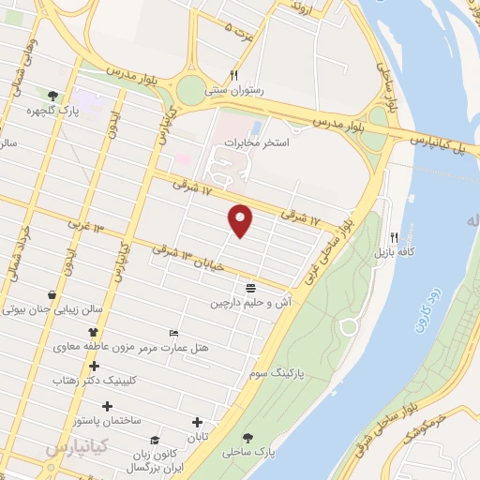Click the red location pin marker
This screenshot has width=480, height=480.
tap(241, 220)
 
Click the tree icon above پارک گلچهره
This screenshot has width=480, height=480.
tap(53, 95)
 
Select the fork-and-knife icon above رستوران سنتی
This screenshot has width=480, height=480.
tap(234, 76)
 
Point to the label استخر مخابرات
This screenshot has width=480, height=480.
tap(256, 142)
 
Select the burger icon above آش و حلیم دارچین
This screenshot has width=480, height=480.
tap(250, 288)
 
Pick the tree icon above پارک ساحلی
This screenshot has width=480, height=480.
tap(248, 437)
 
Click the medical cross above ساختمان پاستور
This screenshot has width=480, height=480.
tap(107, 406)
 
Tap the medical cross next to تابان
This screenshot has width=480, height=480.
tap(197, 424)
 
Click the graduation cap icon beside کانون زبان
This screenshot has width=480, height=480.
tap(155, 440)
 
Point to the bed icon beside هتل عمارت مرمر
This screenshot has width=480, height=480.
tap(172, 333)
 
